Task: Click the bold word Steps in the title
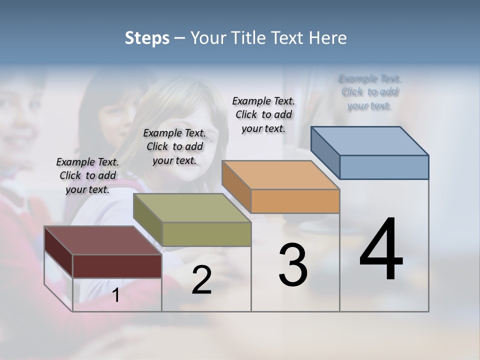tap(147, 38)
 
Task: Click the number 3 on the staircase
tap(293, 264)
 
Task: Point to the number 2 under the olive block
tap(201, 279)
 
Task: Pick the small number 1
tap(116, 295)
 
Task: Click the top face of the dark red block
tap(102, 240)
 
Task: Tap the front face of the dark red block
tap(117, 265)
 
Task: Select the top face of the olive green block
tap(191, 207)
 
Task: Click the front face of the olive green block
tap(206, 234)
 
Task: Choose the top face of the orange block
tap(280, 174)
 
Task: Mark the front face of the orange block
tap(295, 201)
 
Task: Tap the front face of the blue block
tap(384, 167)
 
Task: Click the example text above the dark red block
tap(87, 175)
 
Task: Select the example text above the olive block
tap(174, 146)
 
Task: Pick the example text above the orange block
tap(263, 114)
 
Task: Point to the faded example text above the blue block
tap(370, 92)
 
